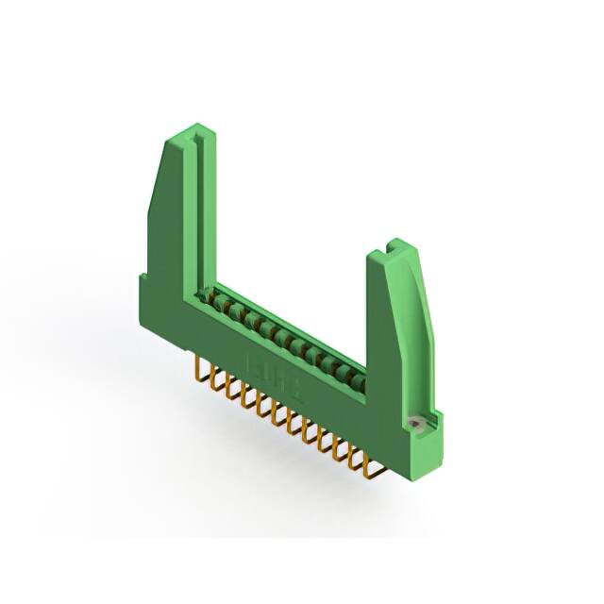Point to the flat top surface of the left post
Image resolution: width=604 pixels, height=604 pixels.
click(x=183, y=133)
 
